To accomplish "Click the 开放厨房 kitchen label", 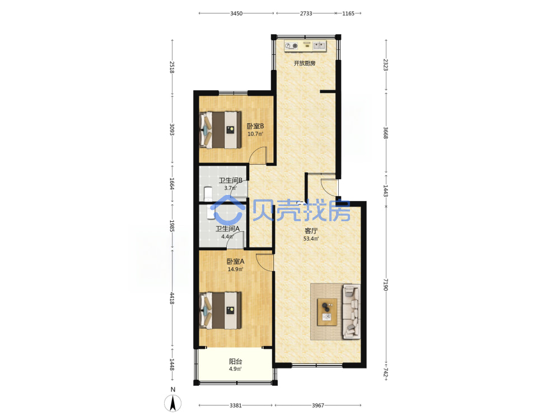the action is pos(304,63).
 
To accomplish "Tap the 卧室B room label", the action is pos(255,126).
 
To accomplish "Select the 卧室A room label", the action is pos(236,262).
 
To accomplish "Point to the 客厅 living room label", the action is pos(311,231).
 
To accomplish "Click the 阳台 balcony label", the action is pos(235,361).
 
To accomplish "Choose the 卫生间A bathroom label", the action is pos(227,228).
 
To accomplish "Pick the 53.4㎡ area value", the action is pos(311,239).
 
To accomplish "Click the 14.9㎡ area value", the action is pos(236,269).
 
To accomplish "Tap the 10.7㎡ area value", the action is pos(255,134).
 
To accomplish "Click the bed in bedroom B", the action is pos(220,130).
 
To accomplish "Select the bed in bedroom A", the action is pos(220,310).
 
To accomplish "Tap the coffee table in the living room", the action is pos(327,312).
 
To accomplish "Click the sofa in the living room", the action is pos(352,311).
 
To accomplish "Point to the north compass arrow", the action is pos(173,404).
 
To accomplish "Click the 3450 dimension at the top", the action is pos(236,13).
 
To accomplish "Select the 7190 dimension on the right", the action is pos(386,284).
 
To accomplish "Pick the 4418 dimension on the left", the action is pos(172,298).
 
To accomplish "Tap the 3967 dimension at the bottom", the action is pos(318,405).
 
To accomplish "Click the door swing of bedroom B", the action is pos(258,156).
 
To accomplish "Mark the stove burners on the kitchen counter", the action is pos(291,46).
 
